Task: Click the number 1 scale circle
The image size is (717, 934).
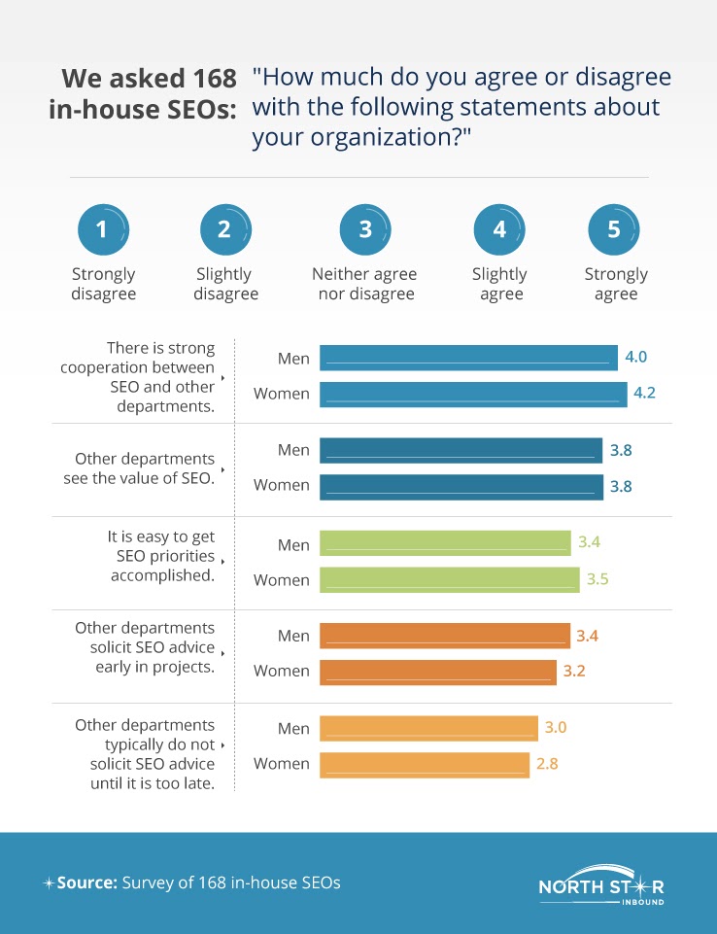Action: click(103, 230)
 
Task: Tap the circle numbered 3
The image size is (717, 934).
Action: click(364, 230)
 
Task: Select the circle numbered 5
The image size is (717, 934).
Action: click(614, 230)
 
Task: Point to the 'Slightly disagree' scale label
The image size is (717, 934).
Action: click(225, 284)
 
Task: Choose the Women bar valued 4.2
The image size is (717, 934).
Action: click(473, 394)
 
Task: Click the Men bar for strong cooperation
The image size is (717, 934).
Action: click(468, 359)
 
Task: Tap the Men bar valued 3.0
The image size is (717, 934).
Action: click(428, 729)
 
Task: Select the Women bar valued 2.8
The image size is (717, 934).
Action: click(425, 764)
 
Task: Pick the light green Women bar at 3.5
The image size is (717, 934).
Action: click(450, 580)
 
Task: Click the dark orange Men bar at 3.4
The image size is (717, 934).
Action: click(445, 636)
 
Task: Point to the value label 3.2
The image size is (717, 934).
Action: click(575, 671)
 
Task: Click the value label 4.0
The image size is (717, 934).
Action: click(635, 358)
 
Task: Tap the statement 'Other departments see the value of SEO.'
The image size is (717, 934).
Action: click(145, 467)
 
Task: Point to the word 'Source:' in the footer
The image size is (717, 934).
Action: click(86, 883)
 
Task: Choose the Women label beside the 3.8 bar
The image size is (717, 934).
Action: click(282, 485)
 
